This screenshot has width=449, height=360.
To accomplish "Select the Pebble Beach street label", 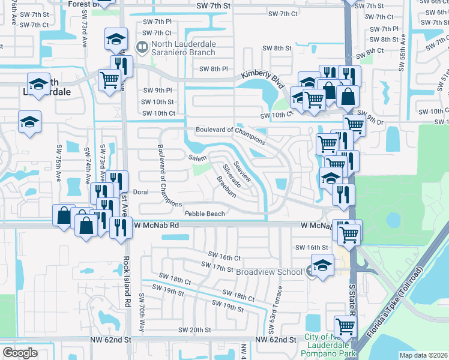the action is click(x=205, y=214).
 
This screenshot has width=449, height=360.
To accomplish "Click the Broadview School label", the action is click(x=269, y=272).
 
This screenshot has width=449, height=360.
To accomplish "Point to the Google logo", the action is click(x=20, y=353).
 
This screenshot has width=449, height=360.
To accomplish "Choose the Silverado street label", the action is click(x=231, y=173).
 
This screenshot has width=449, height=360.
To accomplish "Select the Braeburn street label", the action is click(x=226, y=187).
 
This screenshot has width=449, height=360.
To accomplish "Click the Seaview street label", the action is click(x=244, y=172).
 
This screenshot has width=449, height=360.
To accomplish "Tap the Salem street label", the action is click(x=197, y=158).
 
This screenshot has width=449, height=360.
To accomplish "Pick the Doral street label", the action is click(x=140, y=192).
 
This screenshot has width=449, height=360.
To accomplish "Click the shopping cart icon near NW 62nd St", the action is click(x=346, y=327).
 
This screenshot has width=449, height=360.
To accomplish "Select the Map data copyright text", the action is click(x=423, y=355).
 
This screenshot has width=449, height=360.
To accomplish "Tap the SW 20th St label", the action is click(x=194, y=330).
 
